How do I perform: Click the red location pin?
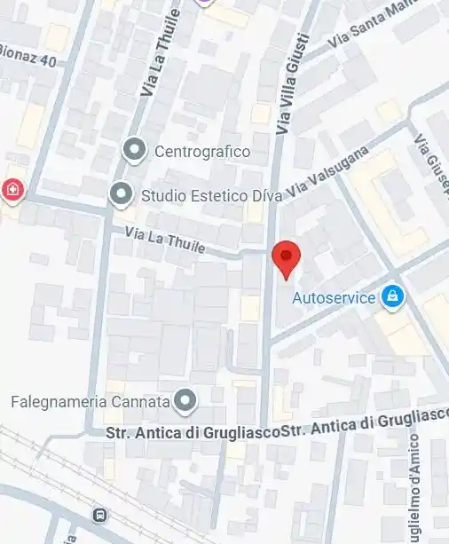(x=286, y=258)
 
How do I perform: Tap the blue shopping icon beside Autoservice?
(x=392, y=297)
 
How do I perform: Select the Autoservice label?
(x=334, y=298)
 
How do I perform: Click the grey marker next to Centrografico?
(x=135, y=151)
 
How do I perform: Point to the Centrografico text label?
(x=202, y=152)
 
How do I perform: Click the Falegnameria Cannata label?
(x=90, y=402)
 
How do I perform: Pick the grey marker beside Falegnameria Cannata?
(x=185, y=402)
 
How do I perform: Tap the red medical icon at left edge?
(x=12, y=189)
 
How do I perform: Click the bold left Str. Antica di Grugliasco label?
(x=192, y=434)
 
